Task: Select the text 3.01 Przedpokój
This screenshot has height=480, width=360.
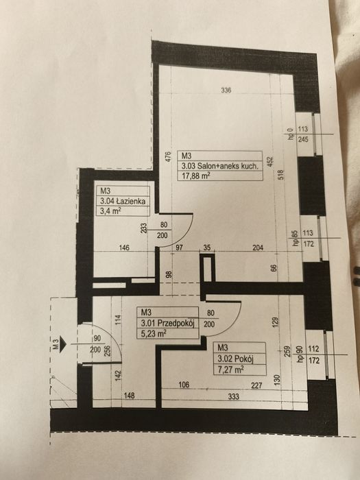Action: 168,323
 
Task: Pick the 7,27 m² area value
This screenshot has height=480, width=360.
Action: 230,370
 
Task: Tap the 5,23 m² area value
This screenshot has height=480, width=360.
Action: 154,333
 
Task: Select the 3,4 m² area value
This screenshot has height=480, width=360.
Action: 110,211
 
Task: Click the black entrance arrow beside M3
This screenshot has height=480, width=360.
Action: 63,344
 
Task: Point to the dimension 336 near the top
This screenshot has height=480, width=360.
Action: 226,90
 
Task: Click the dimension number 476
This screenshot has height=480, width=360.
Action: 169,157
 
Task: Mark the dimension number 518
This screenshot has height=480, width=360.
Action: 281,175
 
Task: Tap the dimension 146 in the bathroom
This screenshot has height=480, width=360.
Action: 124,248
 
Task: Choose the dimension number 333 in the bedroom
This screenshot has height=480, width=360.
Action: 234,397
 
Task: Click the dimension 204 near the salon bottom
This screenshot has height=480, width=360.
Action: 258,248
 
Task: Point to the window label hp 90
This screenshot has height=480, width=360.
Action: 300,355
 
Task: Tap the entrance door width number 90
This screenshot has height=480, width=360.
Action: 97,339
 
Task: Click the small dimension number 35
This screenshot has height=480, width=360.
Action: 207,248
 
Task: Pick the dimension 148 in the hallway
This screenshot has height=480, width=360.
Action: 129,396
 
